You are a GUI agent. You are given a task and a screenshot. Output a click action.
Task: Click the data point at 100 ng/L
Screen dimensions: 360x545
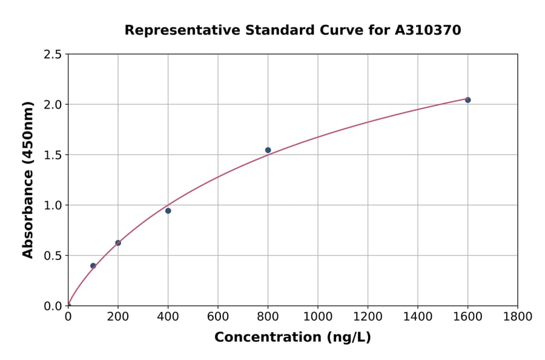pyautogui.click(x=93, y=266)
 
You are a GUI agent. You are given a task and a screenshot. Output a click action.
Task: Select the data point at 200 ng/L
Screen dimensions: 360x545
pyautogui.click(x=118, y=243)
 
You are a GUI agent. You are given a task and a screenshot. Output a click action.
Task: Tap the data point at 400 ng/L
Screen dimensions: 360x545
pyautogui.click(x=168, y=211)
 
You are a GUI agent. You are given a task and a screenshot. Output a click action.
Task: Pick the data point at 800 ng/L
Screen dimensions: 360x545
pyautogui.click(x=268, y=150)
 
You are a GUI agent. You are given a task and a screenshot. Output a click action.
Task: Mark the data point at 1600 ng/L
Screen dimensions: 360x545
pyautogui.click(x=467, y=100)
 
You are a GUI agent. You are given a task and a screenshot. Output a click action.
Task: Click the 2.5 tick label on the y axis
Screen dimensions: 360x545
pyautogui.click(x=53, y=55)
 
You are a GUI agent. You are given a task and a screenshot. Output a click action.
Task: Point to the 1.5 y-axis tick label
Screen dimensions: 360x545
pyautogui.click(x=53, y=155)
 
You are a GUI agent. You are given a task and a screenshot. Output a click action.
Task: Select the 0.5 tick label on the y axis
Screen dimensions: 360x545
pyautogui.click(x=53, y=256)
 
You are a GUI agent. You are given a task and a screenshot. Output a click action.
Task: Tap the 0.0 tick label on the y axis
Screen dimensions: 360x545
pyautogui.click(x=53, y=306)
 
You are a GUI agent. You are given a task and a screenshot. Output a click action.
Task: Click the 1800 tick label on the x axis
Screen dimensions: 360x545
pyautogui.click(x=517, y=317)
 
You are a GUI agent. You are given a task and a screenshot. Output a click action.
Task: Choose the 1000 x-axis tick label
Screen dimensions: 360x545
pyautogui.click(x=317, y=317)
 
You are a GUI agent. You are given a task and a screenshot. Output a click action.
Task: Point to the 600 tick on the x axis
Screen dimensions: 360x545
pyautogui.click(x=218, y=317)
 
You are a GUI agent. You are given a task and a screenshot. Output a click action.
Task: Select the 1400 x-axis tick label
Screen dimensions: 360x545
pyautogui.click(x=417, y=317)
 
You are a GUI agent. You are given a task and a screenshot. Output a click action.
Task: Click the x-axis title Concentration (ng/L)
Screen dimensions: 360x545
pyautogui.click(x=292, y=338)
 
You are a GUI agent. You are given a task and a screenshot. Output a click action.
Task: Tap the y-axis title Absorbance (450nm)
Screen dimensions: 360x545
pyautogui.click(x=28, y=180)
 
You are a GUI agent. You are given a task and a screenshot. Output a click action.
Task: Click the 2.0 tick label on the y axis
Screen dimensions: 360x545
pyautogui.click(x=53, y=105)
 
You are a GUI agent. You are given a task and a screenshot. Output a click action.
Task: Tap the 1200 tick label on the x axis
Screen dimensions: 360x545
pyautogui.click(x=368, y=317)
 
